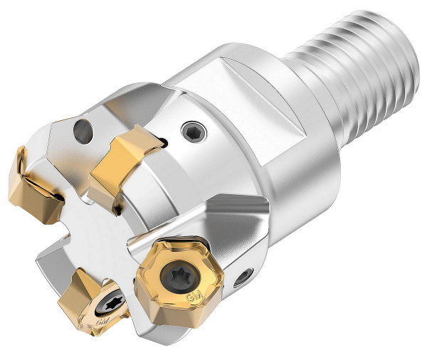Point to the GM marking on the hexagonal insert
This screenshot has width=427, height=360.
coord(191,296)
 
